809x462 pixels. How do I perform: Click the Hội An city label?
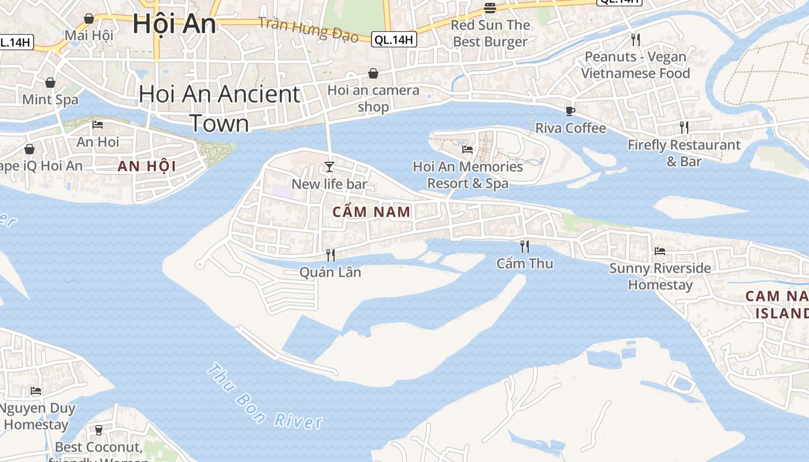click(x=174, y=24)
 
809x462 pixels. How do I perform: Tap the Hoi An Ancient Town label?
click(x=220, y=109)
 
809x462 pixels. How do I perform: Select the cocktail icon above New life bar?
click(x=329, y=167)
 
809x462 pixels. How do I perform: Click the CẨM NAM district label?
click(x=372, y=212)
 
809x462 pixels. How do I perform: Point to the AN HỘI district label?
click(x=146, y=166)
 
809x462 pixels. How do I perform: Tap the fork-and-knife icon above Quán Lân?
click(x=331, y=255)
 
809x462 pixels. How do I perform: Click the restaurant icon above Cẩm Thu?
click(x=525, y=247)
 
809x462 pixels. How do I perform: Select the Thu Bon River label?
click(x=264, y=397)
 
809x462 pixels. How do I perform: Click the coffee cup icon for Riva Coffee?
click(x=570, y=111)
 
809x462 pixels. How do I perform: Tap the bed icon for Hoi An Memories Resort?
click(x=467, y=149)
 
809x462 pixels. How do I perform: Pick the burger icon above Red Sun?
click(x=490, y=8)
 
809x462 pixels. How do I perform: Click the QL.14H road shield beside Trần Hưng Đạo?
click(x=394, y=39)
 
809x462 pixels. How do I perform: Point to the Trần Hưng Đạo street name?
click(x=309, y=29)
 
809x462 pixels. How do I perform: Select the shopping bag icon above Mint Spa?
click(x=50, y=83)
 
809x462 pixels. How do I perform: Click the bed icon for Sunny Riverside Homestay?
click(x=660, y=251)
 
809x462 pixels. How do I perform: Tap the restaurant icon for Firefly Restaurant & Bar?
click(x=684, y=128)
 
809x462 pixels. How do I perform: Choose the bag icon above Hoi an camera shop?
click(x=373, y=73)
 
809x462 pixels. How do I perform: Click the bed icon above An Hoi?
click(x=98, y=124)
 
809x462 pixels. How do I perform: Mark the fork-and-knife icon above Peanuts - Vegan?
click(x=636, y=39)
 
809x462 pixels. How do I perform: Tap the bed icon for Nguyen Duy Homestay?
click(x=36, y=391)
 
